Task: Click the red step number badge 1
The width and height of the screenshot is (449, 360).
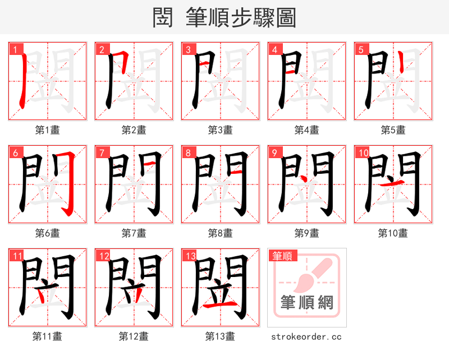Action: click(15, 49)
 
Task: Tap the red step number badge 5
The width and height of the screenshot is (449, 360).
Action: click(360, 49)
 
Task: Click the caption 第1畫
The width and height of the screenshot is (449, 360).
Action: click(48, 130)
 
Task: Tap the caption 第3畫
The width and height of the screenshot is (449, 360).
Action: click(221, 130)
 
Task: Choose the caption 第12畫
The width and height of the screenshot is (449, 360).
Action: click(134, 336)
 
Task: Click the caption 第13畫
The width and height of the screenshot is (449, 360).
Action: click(220, 336)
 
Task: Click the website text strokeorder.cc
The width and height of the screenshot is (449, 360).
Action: click(306, 336)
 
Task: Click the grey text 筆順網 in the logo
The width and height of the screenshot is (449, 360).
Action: click(307, 303)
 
